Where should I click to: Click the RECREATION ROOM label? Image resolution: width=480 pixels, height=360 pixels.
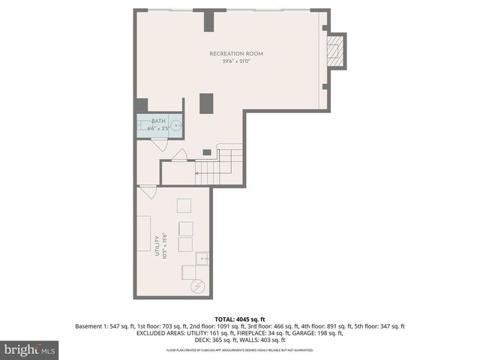pos(236,54)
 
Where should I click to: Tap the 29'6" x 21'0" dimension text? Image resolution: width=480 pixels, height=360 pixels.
pos(236,61)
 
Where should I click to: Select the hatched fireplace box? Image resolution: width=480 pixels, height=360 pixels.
pos(336,52)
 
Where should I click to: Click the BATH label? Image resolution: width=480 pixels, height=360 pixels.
pos(158,121)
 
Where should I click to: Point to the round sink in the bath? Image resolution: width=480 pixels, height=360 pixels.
pos(175,126)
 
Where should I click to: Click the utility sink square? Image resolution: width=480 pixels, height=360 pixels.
pos(202,259)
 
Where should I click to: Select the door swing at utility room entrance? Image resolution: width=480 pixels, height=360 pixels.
pos(148,192)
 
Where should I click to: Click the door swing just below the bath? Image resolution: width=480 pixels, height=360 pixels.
pos(178,155)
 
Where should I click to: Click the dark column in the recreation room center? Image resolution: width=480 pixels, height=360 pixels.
pos(206,103)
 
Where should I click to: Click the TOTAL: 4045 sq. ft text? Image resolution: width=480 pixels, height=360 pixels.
pos(239,319)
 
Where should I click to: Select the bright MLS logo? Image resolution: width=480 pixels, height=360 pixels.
pos(29,349)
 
